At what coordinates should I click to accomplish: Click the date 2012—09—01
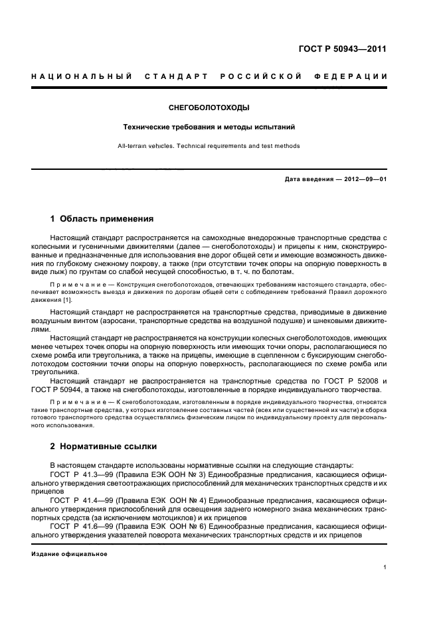[364, 180]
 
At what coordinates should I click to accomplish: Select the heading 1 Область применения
[102, 218]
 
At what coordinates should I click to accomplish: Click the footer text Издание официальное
[69, 554]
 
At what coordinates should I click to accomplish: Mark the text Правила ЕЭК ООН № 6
[151, 527]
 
